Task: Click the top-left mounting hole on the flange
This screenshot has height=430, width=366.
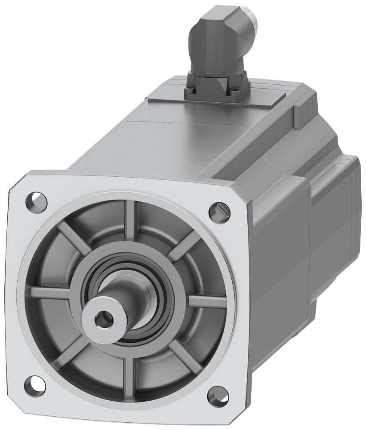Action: (x=36, y=200)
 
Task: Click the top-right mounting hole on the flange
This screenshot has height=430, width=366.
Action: (x=219, y=210)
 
